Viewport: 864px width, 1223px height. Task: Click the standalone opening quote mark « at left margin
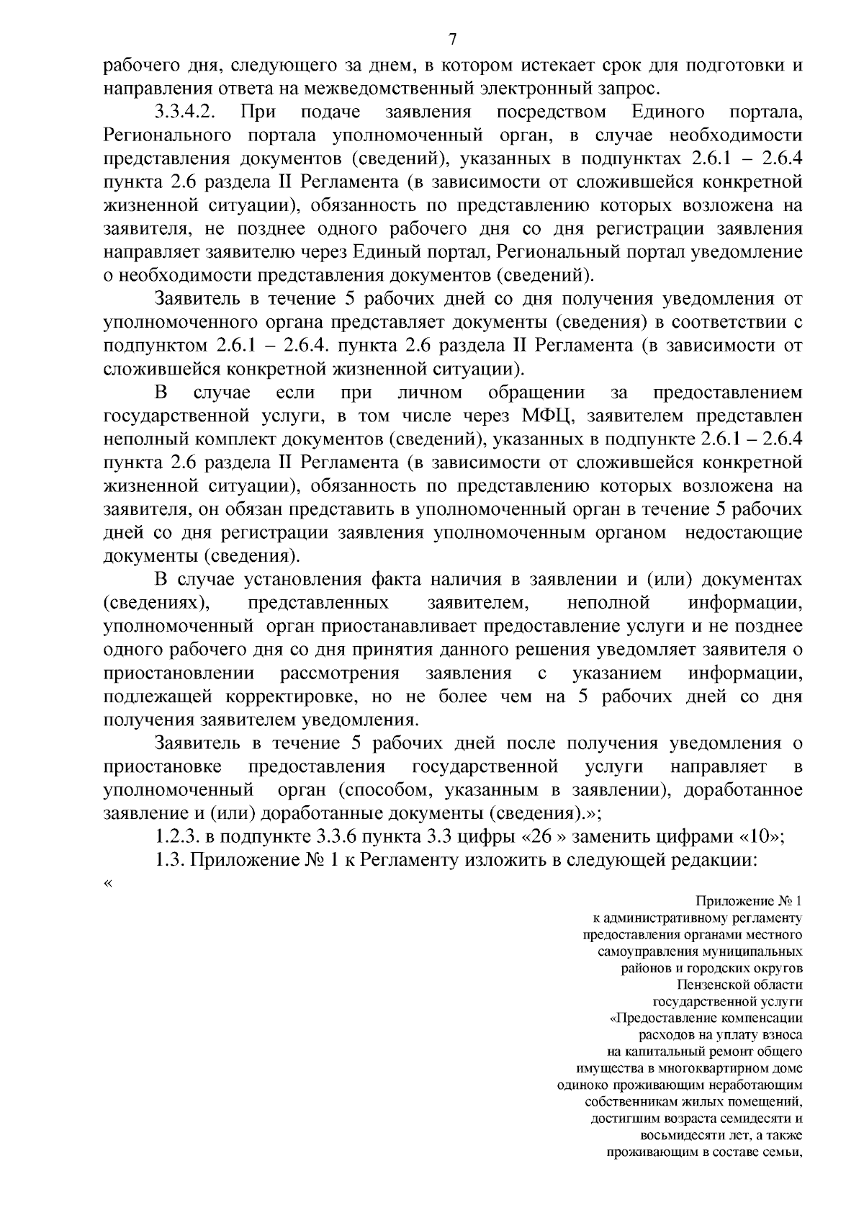click(108, 884)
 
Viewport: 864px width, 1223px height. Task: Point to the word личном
click(430, 393)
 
